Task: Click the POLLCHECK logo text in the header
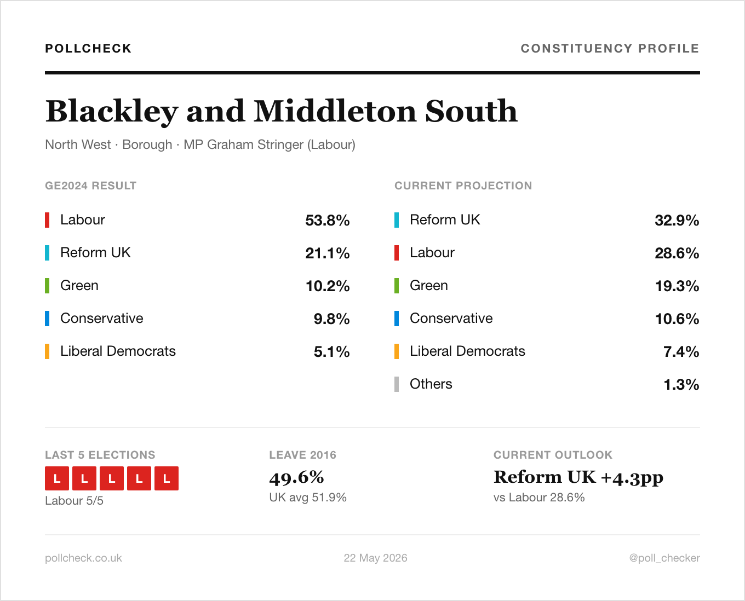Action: point(88,48)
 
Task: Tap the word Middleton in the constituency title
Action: point(335,111)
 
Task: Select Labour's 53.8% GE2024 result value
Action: point(328,221)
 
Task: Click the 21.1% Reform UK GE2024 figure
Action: point(328,253)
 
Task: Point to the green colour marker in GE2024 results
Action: point(47,286)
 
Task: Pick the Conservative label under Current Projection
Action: point(451,319)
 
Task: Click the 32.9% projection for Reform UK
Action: point(677,221)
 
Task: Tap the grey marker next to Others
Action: point(397,384)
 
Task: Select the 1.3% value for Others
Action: point(681,385)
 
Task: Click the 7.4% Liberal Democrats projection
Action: point(681,352)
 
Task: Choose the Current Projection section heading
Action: point(463,186)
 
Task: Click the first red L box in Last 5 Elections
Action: point(57,478)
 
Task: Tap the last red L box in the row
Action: point(167,478)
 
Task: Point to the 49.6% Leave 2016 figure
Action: point(296,478)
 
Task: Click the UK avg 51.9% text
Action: point(308,497)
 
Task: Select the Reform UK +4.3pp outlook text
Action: point(578,478)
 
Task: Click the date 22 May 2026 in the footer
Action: point(375,558)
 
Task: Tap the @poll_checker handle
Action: point(664,558)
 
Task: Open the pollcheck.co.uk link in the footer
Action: point(84,558)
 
